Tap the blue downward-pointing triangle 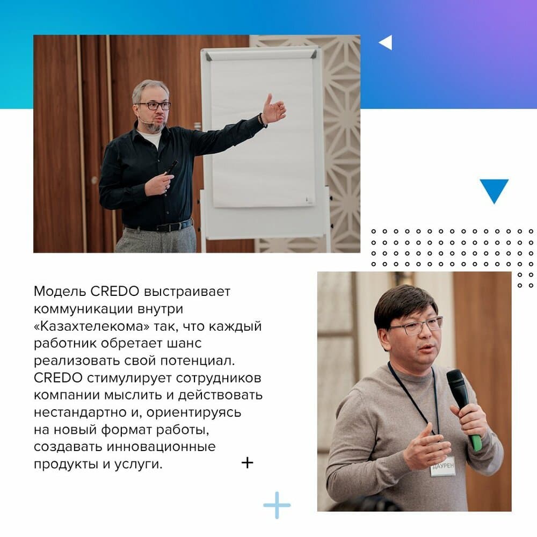(x=494, y=190)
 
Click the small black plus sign (x=247, y=463)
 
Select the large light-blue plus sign (x=277, y=505)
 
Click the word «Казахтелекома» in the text (x=92, y=326)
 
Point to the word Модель (x=60, y=292)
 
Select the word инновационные (x=161, y=447)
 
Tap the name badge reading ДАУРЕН (x=443, y=466)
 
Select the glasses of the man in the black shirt (x=154, y=105)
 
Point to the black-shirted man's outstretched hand (x=273, y=109)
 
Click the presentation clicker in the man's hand (x=171, y=169)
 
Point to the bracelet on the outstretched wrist (x=263, y=120)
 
